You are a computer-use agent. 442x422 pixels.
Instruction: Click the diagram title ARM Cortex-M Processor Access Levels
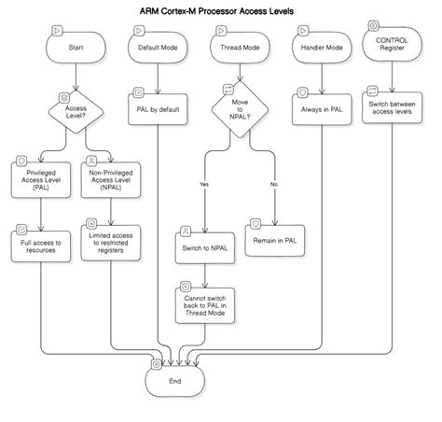tap(221, 11)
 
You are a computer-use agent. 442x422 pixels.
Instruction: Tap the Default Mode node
tap(158, 46)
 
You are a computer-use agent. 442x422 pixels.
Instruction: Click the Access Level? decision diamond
tap(75, 114)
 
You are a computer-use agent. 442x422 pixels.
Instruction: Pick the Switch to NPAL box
tap(205, 248)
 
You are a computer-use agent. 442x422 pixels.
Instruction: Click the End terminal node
tap(175, 381)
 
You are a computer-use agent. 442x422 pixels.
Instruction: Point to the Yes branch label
tap(204, 184)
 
